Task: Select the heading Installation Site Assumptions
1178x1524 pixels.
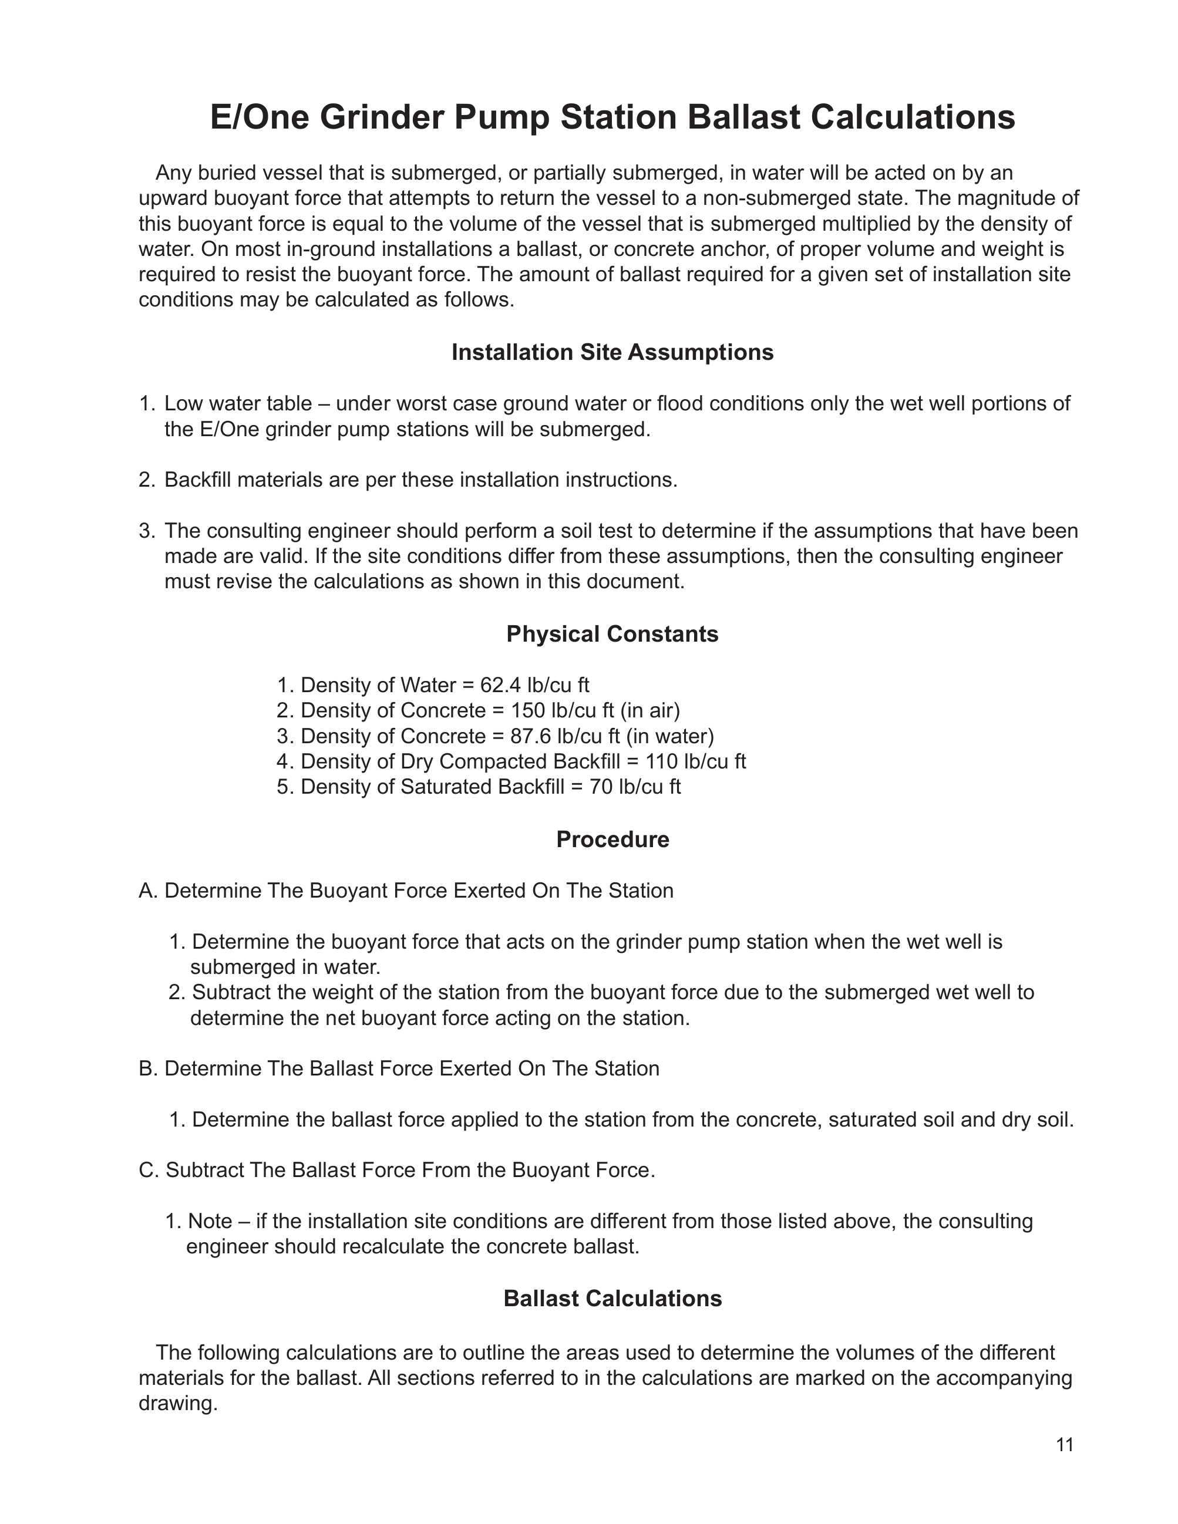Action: coord(612,352)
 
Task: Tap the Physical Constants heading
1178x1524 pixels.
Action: coord(612,633)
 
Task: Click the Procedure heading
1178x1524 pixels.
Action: coord(612,839)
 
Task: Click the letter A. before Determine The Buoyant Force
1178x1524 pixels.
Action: coord(149,891)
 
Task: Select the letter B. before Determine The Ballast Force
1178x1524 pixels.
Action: coord(149,1068)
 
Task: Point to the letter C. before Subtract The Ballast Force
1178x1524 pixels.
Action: coord(149,1170)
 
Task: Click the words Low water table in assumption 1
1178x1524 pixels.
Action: coord(238,404)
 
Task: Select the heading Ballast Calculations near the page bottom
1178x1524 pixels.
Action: coord(612,1298)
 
